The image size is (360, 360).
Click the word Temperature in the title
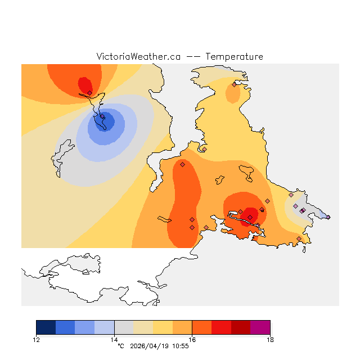pyautogui.click(x=234, y=57)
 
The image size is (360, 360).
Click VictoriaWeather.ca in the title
pyautogui.click(x=138, y=57)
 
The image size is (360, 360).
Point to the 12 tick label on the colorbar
pyautogui.click(x=37, y=339)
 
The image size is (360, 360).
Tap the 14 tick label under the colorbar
pyautogui.click(x=114, y=339)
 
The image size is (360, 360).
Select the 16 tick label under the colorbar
pyautogui.click(x=192, y=339)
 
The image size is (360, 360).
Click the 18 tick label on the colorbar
pyautogui.click(x=270, y=339)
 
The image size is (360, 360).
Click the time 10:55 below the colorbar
pyautogui.click(x=179, y=346)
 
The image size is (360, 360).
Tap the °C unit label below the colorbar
pyautogui.click(x=120, y=346)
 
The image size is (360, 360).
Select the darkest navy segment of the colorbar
pyautogui.click(x=46, y=327)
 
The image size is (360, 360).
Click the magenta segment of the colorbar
pyautogui.click(x=260, y=327)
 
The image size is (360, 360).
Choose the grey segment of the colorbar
pyautogui.click(x=124, y=327)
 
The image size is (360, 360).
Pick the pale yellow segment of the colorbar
pyautogui.click(x=143, y=327)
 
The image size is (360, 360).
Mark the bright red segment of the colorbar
pyautogui.click(x=221, y=327)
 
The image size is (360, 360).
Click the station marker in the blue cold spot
pyautogui.click(x=102, y=117)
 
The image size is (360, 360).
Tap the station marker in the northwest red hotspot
pyautogui.click(x=90, y=93)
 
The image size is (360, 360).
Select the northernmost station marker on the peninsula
pyautogui.click(x=234, y=85)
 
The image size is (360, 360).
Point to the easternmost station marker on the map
pyautogui.click(x=328, y=217)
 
